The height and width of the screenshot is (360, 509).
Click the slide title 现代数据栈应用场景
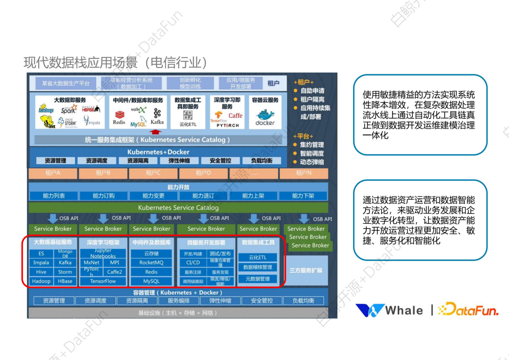pyautogui.click(x=115, y=63)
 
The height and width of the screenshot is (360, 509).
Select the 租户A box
pyautogui.click(x=53, y=173)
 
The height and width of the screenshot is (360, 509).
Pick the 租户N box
pyautogui.click(x=304, y=173)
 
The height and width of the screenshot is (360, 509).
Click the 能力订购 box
pyautogui.click(x=103, y=196)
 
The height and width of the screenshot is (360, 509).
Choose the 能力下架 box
pyautogui.click(x=303, y=196)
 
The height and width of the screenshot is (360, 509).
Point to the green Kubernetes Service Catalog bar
pyautogui.click(x=178, y=207)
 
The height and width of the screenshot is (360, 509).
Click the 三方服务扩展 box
pyautogui.click(x=306, y=270)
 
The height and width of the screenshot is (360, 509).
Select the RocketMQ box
pyautogui.click(x=151, y=262)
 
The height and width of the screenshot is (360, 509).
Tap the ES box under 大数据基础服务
pyautogui.click(x=41, y=254)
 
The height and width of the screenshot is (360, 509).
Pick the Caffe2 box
pyautogui.click(x=115, y=272)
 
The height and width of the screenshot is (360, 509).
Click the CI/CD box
pyautogui.click(x=193, y=262)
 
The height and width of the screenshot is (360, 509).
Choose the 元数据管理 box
pyautogui.click(x=257, y=279)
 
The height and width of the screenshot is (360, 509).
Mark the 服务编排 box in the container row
pyautogui.click(x=179, y=301)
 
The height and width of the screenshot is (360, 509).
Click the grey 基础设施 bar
pyautogui.click(x=178, y=313)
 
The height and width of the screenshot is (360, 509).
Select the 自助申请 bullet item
pyautogui.click(x=312, y=90)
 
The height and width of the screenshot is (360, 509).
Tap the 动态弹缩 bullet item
pyautogui.click(x=312, y=162)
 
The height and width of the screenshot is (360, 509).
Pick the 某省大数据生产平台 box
pyautogui.click(x=66, y=83)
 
